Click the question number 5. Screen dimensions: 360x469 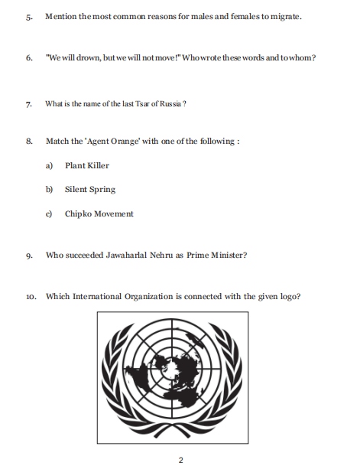[x=28, y=16]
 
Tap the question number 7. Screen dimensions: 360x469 [x=28, y=105]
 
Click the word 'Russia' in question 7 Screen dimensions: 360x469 [x=169, y=104]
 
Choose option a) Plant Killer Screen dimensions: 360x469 [x=86, y=165]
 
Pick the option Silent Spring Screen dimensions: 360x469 [x=89, y=189]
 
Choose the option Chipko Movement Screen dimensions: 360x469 [x=99, y=213]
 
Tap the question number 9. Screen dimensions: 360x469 [x=28, y=256]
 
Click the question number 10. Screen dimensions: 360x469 [x=29, y=297]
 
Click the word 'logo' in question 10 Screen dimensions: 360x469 [x=289, y=296]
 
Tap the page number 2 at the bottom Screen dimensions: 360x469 [x=180, y=459]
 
